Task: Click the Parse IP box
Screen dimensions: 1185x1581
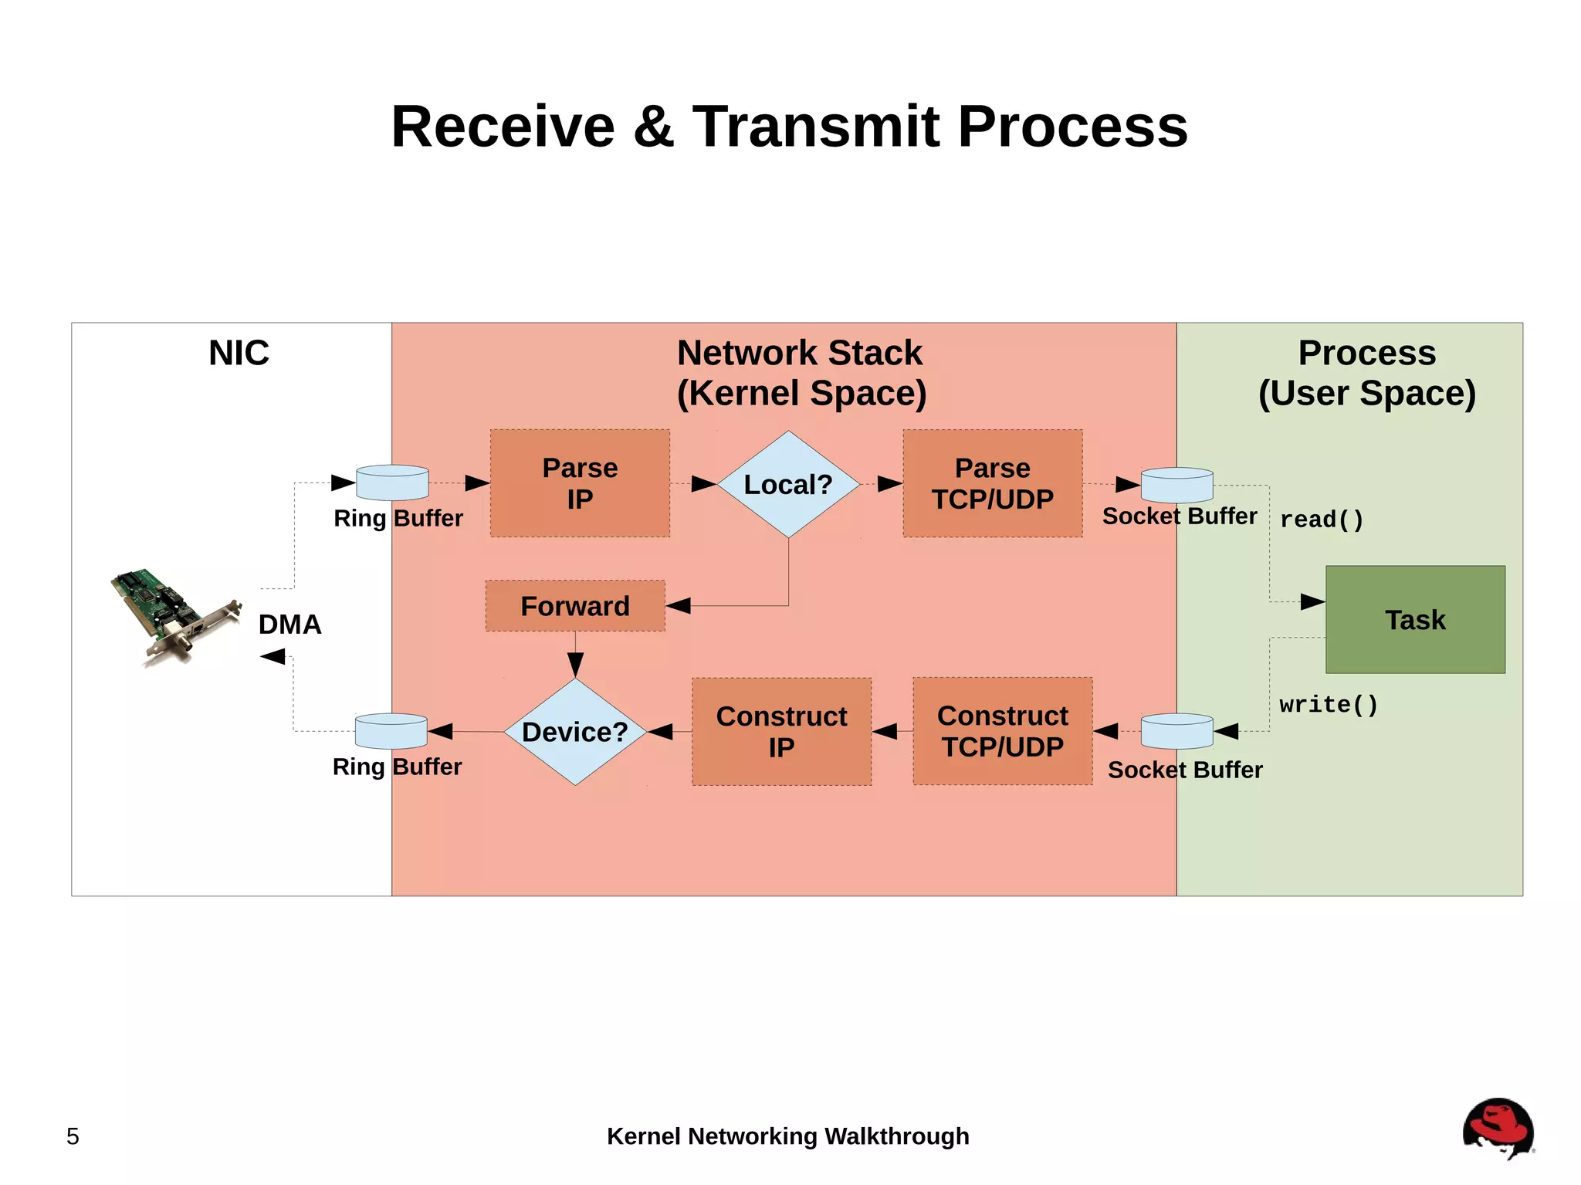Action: (x=580, y=483)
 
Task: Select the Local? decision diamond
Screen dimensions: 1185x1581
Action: (x=788, y=484)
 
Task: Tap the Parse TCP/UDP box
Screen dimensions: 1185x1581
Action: (x=993, y=483)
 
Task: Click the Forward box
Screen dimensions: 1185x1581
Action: (x=575, y=606)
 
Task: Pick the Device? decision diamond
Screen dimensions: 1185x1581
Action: (x=575, y=732)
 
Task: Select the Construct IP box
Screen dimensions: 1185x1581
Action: (x=781, y=732)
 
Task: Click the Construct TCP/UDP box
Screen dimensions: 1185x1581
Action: (x=1002, y=731)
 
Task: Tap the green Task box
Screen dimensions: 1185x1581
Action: (x=1415, y=619)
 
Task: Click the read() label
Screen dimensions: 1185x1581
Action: (x=1322, y=520)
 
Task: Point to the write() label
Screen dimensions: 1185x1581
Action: (x=1328, y=705)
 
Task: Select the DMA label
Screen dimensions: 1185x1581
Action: (x=289, y=624)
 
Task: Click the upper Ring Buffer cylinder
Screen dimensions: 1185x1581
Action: (x=392, y=482)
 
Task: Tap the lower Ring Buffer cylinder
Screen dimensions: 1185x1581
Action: (x=391, y=731)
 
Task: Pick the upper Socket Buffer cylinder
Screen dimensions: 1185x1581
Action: (x=1176, y=485)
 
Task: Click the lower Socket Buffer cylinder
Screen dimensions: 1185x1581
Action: (x=1176, y=731)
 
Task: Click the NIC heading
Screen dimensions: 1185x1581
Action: (x=239, y=353)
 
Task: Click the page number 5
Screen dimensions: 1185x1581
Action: (x=73, y=1136)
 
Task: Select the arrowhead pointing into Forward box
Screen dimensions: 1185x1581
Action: (x=679, y=606)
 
